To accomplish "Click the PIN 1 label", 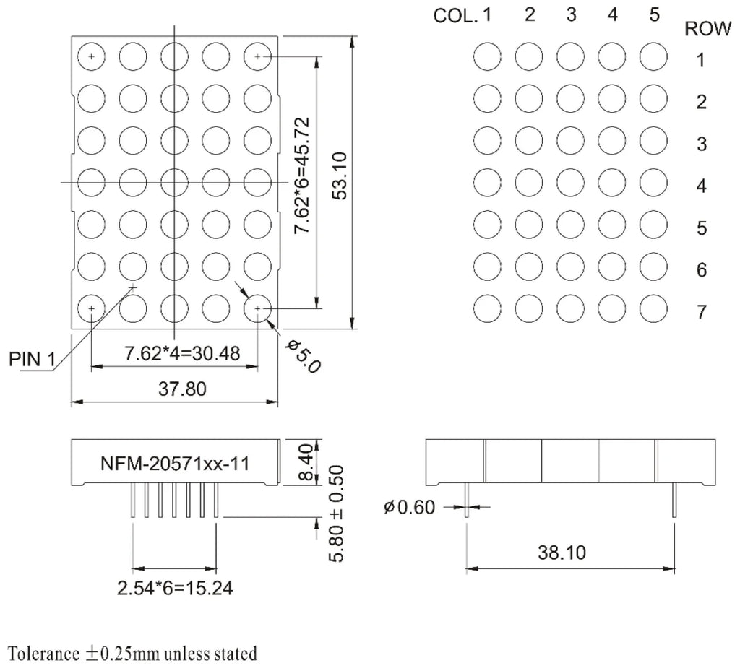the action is pyautogui.click(x=32, y=360).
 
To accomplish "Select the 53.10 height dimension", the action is pyautogui.click(x=340, y=176).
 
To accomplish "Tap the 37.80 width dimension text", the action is pyautogui.click(x=183, y=389).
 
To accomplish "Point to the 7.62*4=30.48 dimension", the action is pyautogui.click(x=182, y=353).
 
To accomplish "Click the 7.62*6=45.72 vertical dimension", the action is pyautogui.click(x=302, y=176).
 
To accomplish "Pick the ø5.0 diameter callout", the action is pyautogui.click(x=304, y=357).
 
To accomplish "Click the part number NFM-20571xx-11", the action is pyautogui.click(x=175, y=464).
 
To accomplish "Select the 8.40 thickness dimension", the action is pyautogui.click(x=306, y=462).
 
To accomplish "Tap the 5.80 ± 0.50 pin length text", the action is pyautogui.click(x=337, y=514).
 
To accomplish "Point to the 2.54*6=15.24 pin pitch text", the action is pyautogui.click(x=175, y=589).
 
